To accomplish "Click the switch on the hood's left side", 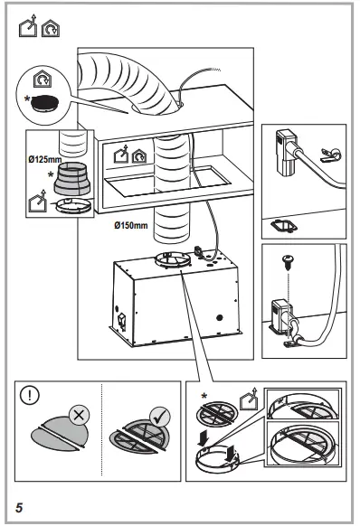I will pyautogui.click(x=118, y=319).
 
